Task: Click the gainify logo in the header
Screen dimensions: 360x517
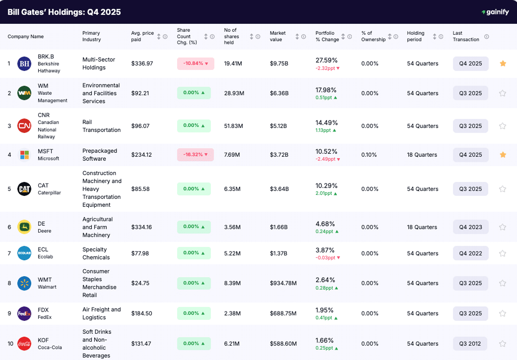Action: (x=495, y=12)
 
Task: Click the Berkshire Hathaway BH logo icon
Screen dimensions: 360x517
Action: (x=24, y=63)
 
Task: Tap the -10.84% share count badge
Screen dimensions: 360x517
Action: (x=195, y=63)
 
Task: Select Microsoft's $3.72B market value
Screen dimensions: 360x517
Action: (x=279, y=155)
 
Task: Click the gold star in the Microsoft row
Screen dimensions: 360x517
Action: (x=503, y=155)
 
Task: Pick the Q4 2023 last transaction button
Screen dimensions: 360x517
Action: (x=470, y=227)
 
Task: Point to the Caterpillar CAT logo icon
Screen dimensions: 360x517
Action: (x=24, y=189)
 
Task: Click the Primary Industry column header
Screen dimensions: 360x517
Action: (x=92, y=36)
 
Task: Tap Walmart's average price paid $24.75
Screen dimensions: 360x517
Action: (x=140, y=283)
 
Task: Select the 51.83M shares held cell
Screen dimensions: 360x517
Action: (x=233, y=126)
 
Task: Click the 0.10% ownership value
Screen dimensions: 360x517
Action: (x=369, y=155)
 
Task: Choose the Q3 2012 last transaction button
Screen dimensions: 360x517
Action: (x=470, y=344)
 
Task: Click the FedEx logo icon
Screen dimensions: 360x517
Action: (x=24, y=313)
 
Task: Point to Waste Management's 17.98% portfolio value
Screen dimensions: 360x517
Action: (x=326, y=90)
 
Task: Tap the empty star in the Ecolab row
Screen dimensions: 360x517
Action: (x=503, y=253)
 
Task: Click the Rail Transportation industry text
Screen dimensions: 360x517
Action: (x=101, y=126)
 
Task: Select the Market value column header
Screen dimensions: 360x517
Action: (x=278, y=36)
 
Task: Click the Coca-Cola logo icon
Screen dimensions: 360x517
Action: (x=24, y=344)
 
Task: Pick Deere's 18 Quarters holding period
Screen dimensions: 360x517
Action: (x=422, y=227)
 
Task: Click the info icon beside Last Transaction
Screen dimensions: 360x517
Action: (x=486, y=36)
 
